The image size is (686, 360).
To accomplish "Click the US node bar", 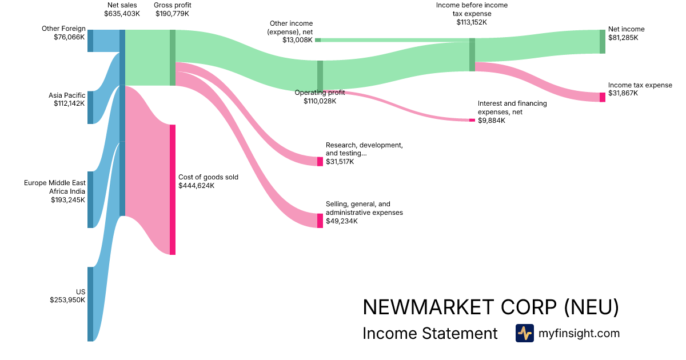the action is click(90, 304).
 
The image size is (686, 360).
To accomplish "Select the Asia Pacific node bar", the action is click(90, 107).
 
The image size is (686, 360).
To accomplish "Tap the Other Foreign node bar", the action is click(90, 41).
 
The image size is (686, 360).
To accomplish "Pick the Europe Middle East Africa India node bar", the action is click(90, 199).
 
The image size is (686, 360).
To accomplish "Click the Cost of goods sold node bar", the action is click(172, 190).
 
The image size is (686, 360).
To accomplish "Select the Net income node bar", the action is click(602, 41).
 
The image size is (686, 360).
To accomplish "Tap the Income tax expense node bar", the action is click(602, 97).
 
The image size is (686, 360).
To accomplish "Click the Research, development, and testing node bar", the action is click(320, 161).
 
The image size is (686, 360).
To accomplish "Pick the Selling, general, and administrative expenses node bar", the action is click(320, 221).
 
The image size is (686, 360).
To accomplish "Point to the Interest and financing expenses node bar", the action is click(472, 120).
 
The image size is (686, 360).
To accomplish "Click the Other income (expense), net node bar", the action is click(318, 40).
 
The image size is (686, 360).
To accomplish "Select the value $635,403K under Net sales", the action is click(122, 14).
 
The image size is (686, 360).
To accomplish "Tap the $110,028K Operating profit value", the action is click(320, 101).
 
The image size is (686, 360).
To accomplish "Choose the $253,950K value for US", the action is click(67, 299).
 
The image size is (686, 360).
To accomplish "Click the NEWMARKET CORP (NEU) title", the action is click(490, 307).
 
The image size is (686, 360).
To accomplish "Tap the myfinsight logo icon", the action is click(524, 333).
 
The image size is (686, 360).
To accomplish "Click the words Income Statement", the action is click(430, 334).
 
